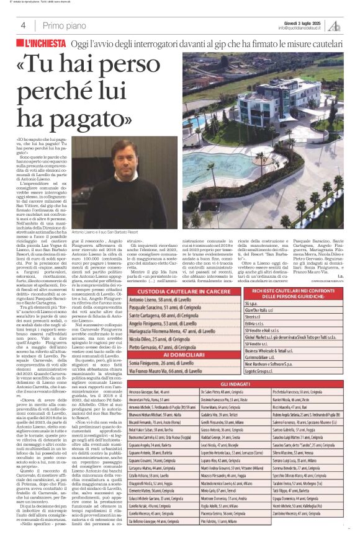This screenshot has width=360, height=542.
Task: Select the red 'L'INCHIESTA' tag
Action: (x=45, y=43)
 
